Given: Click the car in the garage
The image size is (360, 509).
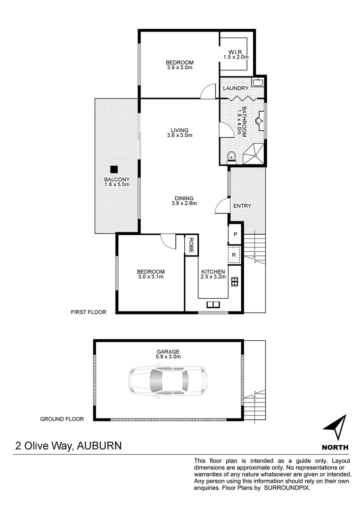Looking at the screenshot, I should [x=168, y=381].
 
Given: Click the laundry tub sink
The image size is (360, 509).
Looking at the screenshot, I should [x=257, y=83].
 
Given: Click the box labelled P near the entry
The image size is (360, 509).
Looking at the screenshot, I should [x=235, y=234].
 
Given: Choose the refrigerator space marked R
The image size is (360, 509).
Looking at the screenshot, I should [x=234, y=255].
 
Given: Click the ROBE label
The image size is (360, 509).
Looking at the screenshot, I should [x=191, y=245].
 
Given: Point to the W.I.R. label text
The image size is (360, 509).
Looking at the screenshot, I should [x=235, y=51].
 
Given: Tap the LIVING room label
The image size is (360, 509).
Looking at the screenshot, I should [x=180, y=130].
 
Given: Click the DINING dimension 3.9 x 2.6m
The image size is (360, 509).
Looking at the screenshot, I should [x=184, y=204].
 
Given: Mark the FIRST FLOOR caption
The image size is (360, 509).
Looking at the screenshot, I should [x=89, y=312].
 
